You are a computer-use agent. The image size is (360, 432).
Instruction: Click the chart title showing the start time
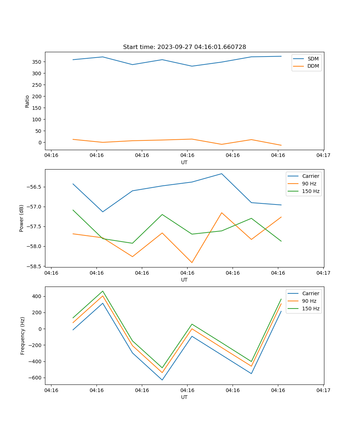(184, 47)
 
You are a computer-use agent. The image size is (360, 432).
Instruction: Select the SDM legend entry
(313, 59)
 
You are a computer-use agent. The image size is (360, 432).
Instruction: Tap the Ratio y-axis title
(27, 101)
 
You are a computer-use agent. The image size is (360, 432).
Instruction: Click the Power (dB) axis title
(22, 218)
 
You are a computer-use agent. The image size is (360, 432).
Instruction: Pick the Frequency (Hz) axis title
(23, 336)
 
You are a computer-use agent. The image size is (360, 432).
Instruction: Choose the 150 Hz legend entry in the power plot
(311, 191)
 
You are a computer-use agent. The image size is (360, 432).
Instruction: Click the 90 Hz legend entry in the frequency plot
(309, 301)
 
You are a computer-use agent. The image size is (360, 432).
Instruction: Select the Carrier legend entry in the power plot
(310, 176)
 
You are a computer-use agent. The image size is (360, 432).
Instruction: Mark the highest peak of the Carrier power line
(221, 174)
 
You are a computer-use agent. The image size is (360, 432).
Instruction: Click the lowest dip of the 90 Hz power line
(192, 262)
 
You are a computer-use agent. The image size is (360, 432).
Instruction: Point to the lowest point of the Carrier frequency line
(162, 380)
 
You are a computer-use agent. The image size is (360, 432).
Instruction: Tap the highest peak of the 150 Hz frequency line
(103, 291)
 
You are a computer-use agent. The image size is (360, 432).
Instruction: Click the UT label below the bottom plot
(184, 397)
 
